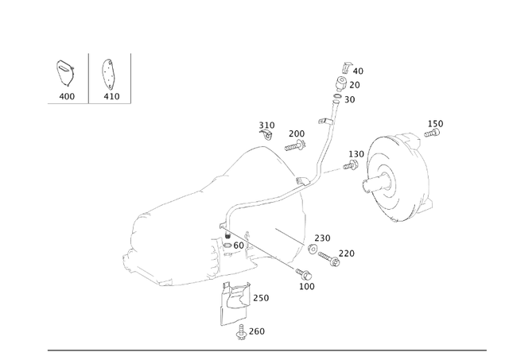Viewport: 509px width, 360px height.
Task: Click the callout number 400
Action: coord(67,96)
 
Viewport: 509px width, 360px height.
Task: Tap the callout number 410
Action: coord(111,96)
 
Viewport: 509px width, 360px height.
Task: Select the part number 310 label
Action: coord(266,126)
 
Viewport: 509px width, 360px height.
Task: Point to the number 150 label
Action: coord(435,124)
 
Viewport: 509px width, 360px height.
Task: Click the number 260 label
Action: coord(256,331)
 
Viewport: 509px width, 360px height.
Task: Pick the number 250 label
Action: coord(260,298)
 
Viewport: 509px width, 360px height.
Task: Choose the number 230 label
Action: coord(322,238)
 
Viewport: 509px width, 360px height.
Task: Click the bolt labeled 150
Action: coord(434,136)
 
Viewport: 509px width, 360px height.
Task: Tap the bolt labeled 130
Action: coord(350,165)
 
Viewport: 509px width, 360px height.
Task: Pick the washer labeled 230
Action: coord(313,250)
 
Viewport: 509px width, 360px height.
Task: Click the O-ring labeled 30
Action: coord(338,99)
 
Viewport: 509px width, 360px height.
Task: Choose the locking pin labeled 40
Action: coord(344,68)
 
